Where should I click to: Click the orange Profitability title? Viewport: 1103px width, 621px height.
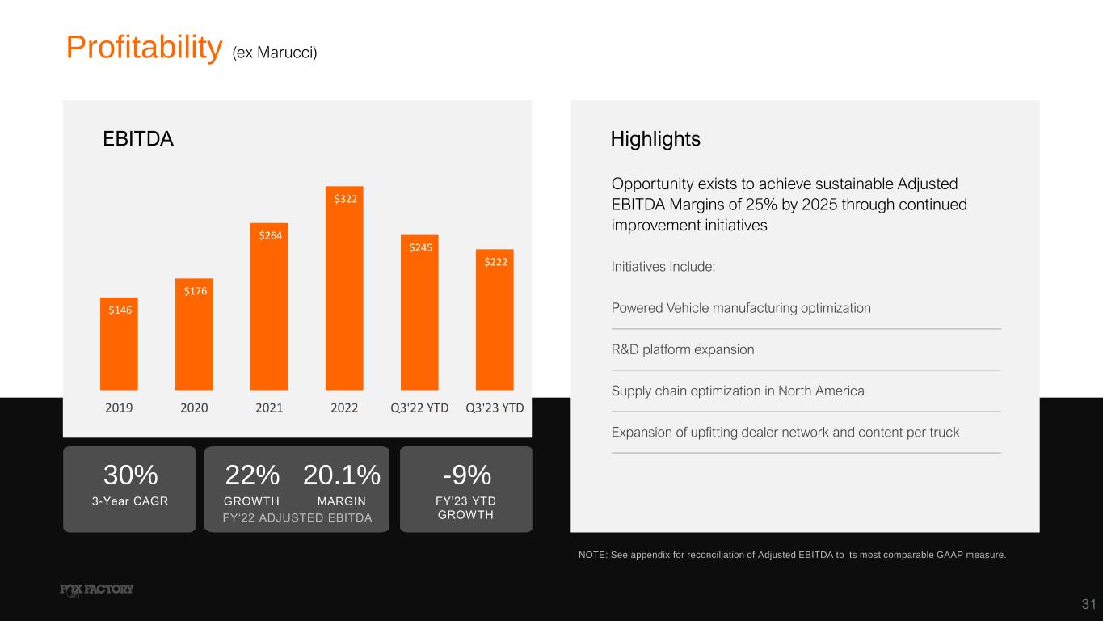145,49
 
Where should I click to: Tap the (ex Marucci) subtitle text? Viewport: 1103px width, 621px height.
274,53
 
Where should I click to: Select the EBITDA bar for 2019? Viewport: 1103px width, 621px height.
119,344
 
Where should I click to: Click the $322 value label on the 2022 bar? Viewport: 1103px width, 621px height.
345,199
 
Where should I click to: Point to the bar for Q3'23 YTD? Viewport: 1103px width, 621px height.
495,319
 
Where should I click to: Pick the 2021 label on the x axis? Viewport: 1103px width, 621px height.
269,408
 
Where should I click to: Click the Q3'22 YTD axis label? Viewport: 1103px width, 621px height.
419,408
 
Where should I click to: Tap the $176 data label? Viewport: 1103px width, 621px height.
195,291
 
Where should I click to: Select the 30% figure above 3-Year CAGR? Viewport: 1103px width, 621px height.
130,475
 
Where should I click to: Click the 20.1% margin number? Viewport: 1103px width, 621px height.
342,475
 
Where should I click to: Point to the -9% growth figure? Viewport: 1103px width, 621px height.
467,475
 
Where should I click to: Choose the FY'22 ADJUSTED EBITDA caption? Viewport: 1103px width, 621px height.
297,518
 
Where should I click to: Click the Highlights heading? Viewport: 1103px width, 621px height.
655,139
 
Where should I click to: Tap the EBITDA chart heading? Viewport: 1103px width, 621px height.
138,138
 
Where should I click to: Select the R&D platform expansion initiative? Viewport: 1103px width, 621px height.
683,349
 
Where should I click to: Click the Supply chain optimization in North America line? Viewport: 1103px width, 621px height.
738,391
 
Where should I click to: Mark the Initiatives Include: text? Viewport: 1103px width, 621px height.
663,267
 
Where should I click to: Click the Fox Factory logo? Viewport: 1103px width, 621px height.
96,590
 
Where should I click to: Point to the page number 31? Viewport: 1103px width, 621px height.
1088,604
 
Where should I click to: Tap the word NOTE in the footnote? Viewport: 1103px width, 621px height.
592,555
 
